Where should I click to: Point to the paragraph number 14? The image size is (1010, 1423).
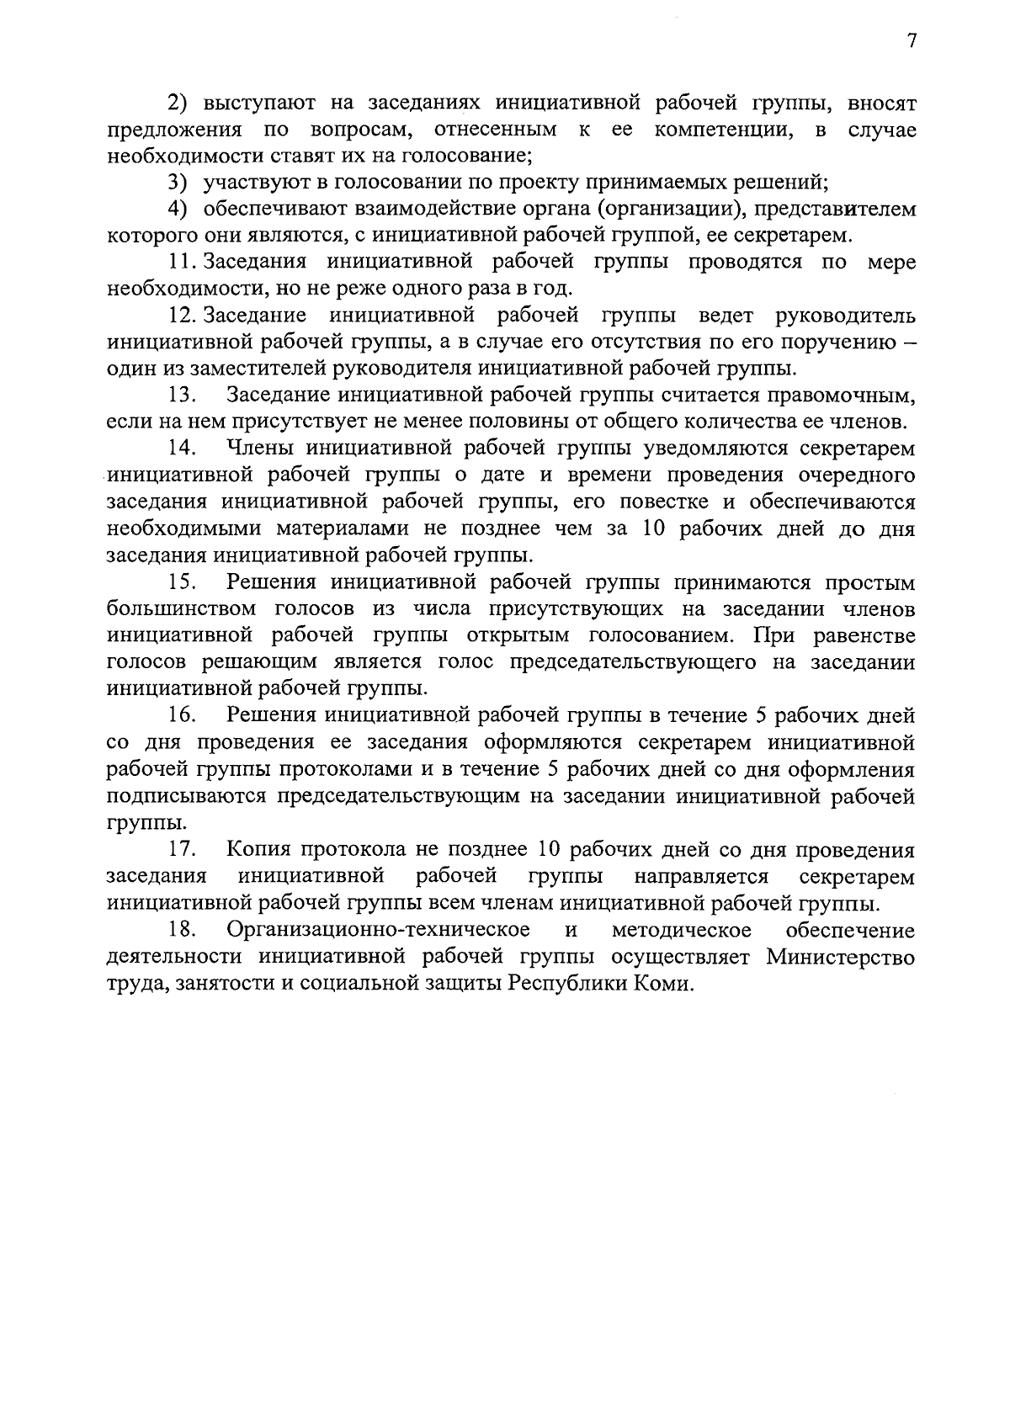point(183,448)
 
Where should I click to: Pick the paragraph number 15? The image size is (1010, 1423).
point(183,582)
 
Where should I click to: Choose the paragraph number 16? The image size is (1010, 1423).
point(183,716)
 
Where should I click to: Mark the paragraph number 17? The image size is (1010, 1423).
point(183,850)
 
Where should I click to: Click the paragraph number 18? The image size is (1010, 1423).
point(183,930)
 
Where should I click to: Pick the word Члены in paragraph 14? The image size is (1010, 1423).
point(260,448)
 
